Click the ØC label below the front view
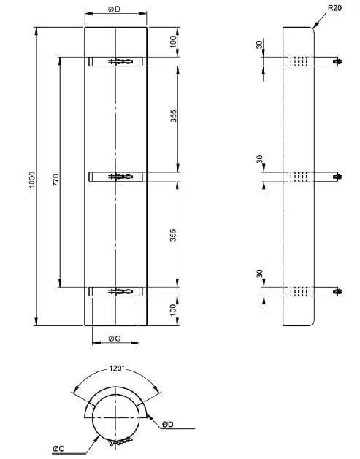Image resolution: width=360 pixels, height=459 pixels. [x=115, y=338]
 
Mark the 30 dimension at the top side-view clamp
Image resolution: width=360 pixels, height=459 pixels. [x=259, y=45]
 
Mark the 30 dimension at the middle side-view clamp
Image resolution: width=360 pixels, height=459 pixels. [x=259, y=159]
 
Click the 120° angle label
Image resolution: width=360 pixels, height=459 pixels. [x=116, y=369]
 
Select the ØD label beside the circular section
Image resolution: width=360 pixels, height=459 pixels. [x=167, y=424]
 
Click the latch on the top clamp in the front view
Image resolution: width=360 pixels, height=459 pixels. [x=120, y=62]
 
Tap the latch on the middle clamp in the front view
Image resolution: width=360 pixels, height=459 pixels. [x=120, y=176]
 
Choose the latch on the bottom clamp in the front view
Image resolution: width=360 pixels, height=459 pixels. [x=120, y=291]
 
